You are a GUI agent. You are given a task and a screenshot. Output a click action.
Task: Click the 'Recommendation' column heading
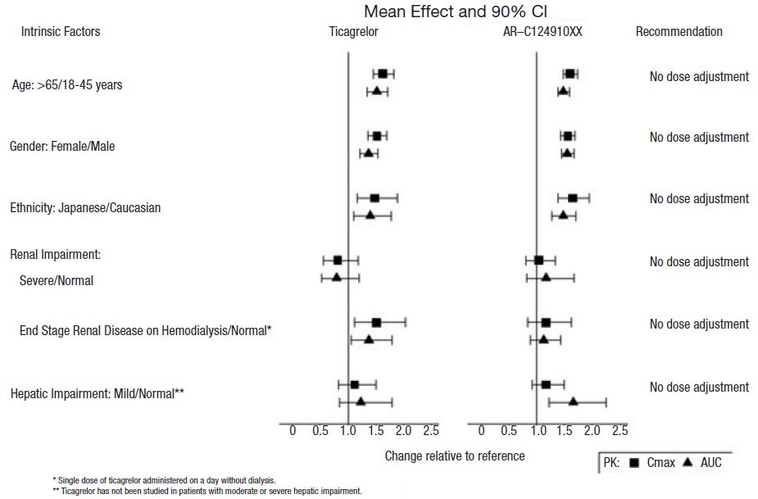pyautogui.click(x=679, y=32)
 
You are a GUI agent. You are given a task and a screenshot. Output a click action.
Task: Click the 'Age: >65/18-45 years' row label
pyautogui.click(x=67, y=84)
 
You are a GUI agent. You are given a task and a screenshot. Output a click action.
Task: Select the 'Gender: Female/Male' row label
pyautogui.click(x=62, y=147)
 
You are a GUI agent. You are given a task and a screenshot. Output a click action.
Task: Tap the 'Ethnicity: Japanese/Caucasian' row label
pyautogui.click(x=85, y=208)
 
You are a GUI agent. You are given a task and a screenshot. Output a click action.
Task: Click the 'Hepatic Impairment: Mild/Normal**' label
pyautogui.click(x=98, y=394)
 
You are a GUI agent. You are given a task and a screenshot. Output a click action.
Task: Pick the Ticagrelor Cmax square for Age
pyautogui.click(x=383, y=74)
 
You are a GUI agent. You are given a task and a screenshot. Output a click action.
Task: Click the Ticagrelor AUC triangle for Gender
pyautogui.click(x=369, y=153)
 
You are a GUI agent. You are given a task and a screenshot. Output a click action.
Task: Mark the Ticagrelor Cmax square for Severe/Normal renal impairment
pyautogui.click(x=338, y=260)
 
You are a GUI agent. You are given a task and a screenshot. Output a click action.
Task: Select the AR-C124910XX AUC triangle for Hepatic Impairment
pyautogui.click(x=574, y=401)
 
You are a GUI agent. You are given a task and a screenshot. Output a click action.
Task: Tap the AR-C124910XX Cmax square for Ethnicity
pyautogui.click(x=573, y=197)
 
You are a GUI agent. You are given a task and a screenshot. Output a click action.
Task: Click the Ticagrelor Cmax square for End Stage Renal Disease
pyautogui.click(x=376, y=322)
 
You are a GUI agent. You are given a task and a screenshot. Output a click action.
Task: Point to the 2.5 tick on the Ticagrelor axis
pyautogui.click(x=431, y=431)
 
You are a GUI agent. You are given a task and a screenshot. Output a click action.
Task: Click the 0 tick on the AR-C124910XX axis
pyautogui.click(x=481, y=431)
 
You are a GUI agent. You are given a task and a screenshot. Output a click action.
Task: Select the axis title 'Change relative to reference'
pyautogui.click(x=455, y=456)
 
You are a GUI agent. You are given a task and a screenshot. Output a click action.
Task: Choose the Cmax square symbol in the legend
pyautogui.click(x=634, y=463)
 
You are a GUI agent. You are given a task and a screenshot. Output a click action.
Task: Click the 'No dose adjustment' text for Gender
pyautogui.click(x=699, y=138)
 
